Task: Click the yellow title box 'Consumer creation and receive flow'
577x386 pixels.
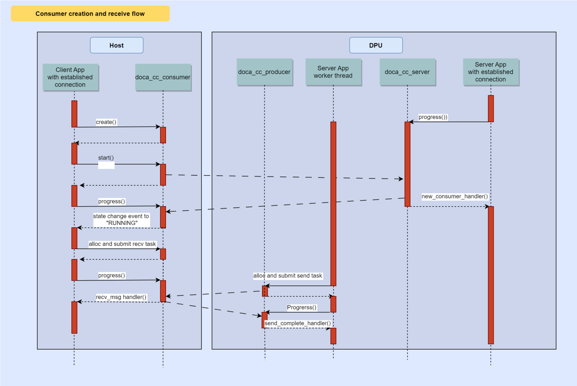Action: click(90, 14)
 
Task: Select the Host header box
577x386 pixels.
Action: click(117, 45)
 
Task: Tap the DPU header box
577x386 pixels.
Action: click(376, 45)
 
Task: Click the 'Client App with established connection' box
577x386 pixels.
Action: click(71, 77)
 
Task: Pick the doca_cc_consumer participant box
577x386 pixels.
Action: click(163, 77)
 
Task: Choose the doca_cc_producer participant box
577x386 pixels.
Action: click(264, 72)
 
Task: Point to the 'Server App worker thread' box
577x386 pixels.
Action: click(333, 72)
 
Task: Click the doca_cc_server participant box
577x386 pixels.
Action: click(408, 72)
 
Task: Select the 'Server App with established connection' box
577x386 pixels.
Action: click(491, 72)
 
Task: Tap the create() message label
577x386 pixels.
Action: click(106, 122)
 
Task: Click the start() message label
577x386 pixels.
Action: click(106, 158)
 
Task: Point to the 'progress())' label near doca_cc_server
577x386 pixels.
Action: click(433, 117)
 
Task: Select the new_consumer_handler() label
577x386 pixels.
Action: click(455, 196)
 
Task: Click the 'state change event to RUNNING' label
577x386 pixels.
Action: click(121, 219)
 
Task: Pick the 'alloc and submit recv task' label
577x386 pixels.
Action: click(122, 244)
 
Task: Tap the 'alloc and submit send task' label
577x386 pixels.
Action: click(288, 275)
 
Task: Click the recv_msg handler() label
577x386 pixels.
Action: click(121, 297)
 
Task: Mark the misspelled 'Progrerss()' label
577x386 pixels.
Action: click(302, 308)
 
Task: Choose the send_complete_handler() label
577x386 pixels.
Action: click(298, 323)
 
